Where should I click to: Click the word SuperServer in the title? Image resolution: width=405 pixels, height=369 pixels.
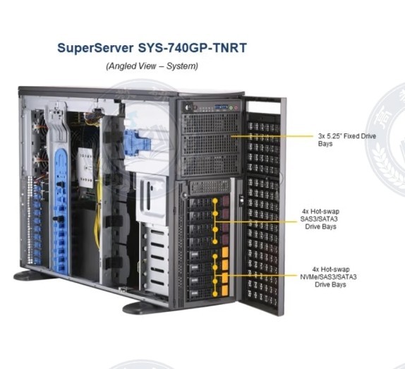click(x=95, y=48)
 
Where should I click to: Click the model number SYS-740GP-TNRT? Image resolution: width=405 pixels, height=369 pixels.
click(x=192, y=48)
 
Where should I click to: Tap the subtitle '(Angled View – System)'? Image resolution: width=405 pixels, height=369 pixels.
click(x=152, y=66)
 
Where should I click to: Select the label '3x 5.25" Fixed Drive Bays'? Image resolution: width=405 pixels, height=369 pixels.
click(x=347, y=140)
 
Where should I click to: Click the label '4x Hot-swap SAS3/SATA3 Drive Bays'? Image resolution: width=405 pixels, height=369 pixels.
click(x=320, y=219)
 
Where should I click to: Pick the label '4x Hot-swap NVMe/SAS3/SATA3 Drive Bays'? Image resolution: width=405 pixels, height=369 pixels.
click(x=328, y=277)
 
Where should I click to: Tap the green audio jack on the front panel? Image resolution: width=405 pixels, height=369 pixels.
click(x=231, y=107)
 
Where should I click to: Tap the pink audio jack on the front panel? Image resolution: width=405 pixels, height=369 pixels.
click(x=236, y=107)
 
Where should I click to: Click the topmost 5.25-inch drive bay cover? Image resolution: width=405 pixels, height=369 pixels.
click(x=210, y=123)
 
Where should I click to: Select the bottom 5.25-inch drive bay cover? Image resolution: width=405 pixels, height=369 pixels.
click(x=210, y=165)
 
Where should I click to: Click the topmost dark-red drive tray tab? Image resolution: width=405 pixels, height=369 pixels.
click(x=226, y=200)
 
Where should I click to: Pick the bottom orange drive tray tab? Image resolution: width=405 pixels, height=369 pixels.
click(x=225, y=290)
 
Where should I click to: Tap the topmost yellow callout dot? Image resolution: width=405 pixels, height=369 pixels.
click(x=215, y=200)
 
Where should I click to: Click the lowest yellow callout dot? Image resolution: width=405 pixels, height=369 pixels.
click(x=215, y=294)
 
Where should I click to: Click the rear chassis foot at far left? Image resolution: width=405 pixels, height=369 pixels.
click(x=32, y=276)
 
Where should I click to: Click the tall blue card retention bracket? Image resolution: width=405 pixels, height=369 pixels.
click(x=61, y=212)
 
